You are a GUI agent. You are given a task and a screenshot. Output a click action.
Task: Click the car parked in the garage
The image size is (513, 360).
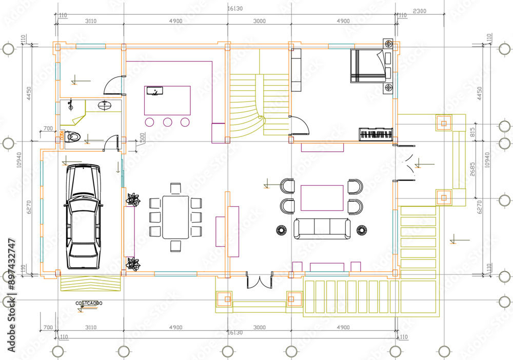83,217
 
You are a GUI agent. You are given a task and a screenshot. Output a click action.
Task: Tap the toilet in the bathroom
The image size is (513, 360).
72,137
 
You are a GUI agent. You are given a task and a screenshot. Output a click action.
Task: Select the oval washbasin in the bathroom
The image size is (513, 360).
105,106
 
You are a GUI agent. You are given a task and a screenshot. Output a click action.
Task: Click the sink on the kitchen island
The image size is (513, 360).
154,91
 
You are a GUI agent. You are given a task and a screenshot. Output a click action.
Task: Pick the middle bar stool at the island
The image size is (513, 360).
167,122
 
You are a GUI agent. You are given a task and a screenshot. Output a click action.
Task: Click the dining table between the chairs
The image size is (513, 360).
175,217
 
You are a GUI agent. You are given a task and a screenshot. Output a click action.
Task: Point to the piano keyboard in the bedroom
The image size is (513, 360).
377,135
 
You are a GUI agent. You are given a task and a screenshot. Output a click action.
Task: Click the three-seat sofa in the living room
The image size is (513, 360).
322,228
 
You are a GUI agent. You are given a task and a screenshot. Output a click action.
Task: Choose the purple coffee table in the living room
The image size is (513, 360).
322,198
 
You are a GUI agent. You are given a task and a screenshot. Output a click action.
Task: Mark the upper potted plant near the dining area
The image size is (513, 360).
134,199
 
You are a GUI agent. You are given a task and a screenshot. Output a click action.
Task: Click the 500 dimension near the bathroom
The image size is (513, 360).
142,137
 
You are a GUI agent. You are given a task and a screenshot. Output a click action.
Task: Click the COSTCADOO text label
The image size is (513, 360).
89,304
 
